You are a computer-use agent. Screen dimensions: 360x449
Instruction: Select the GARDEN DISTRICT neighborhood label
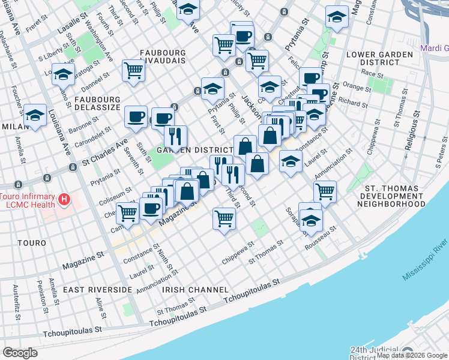tap(194, 149)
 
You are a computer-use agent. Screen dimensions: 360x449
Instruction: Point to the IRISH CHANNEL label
tap(190, 290)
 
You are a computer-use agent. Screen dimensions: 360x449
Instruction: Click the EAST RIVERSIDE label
tap(97, 290)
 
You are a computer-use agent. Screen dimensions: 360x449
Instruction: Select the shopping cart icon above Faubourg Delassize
tap(133, 69)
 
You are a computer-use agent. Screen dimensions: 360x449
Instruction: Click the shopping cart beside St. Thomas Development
tap(325, 191)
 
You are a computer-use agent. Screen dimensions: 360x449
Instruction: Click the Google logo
tap(20, 352)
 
